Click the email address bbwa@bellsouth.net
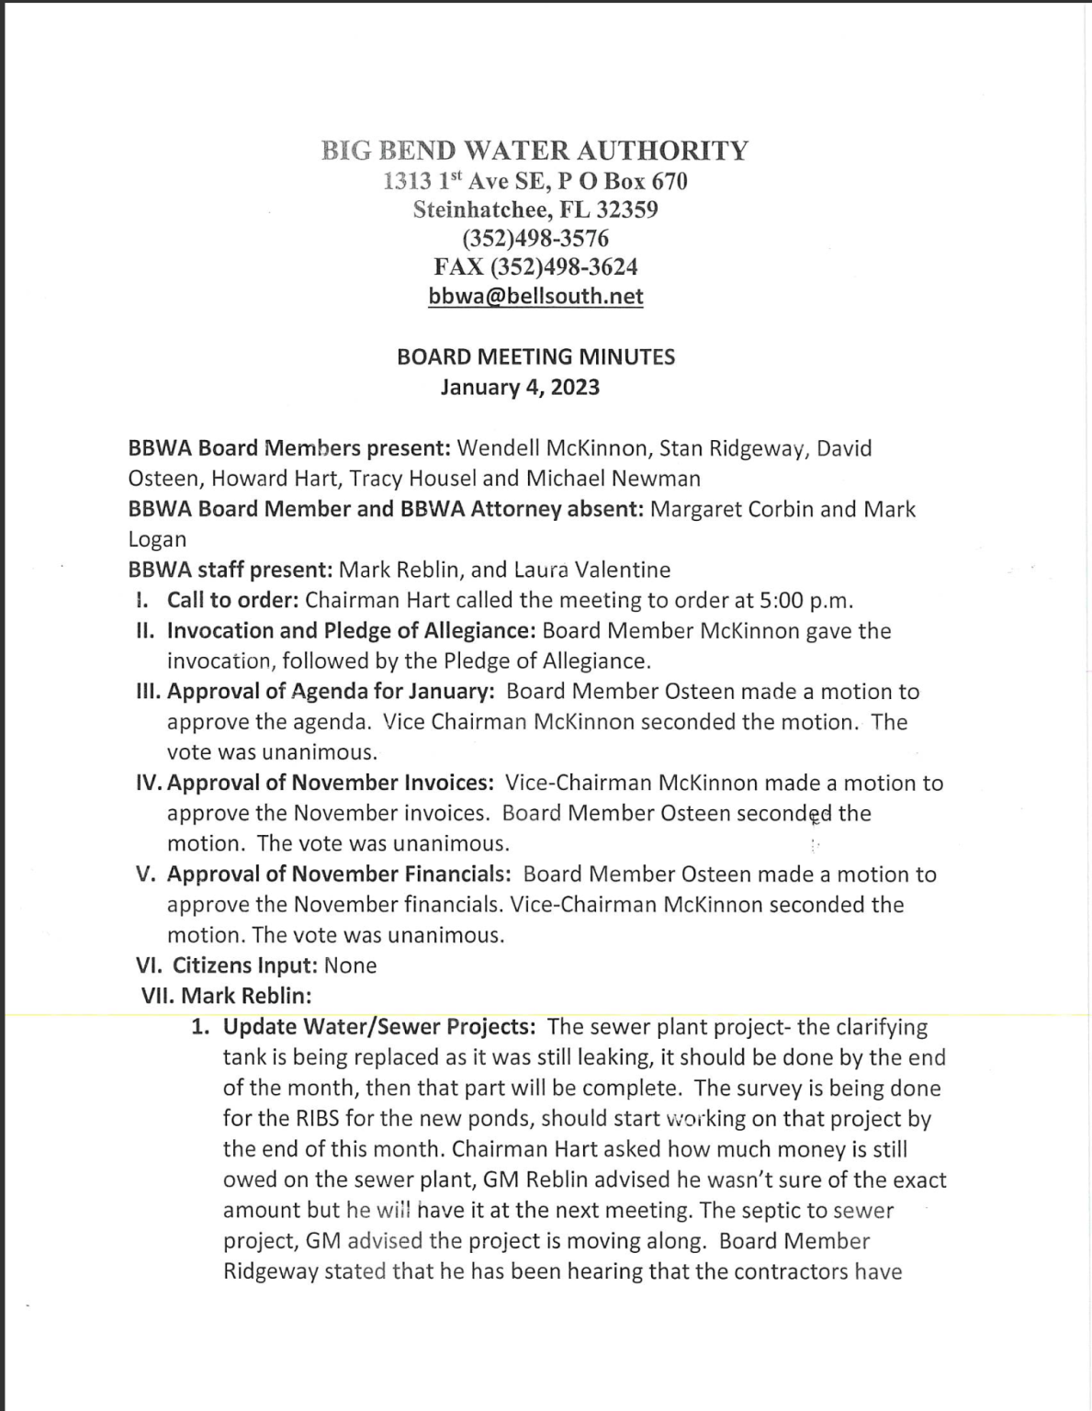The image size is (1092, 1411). tap(535, 297)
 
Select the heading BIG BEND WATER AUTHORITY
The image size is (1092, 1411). tap(535, 150)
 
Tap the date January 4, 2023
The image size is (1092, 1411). tap(520, 387)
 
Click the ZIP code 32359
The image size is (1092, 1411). tap(626, 209)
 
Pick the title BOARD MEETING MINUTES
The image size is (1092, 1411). tap(535, 356)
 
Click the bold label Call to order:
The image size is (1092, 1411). tap(232, 601)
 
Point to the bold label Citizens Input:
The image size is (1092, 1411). tap(245, 965)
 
